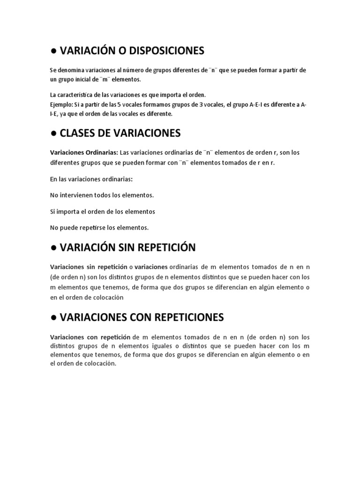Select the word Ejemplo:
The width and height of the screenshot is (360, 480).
(x=61, y=104)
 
